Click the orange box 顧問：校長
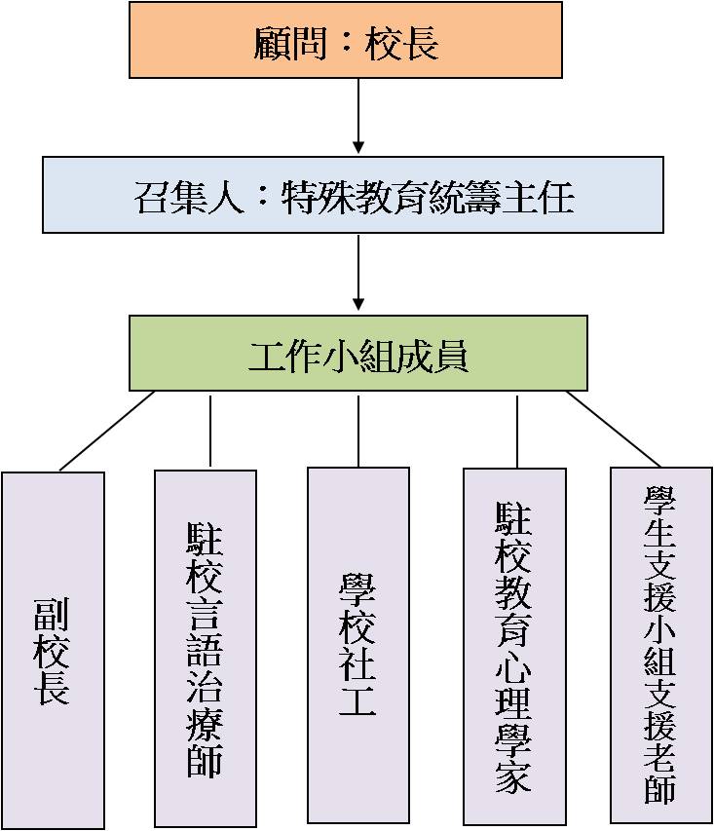pos(346,40)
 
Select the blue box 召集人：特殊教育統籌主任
pos(353,195)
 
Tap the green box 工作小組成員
pos(358,353)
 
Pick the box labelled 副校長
pos(53,650)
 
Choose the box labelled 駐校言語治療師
pos(206,648)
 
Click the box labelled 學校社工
pos(358,645)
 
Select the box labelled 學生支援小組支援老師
pos(661,644)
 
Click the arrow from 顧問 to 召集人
pos(358,116)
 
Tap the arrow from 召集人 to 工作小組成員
pos(358,272)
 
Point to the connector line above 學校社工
pos(358,430)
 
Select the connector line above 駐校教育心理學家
pos(517,430)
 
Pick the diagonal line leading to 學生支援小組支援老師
pos(614,429)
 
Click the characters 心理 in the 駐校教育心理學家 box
pos(513,664)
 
